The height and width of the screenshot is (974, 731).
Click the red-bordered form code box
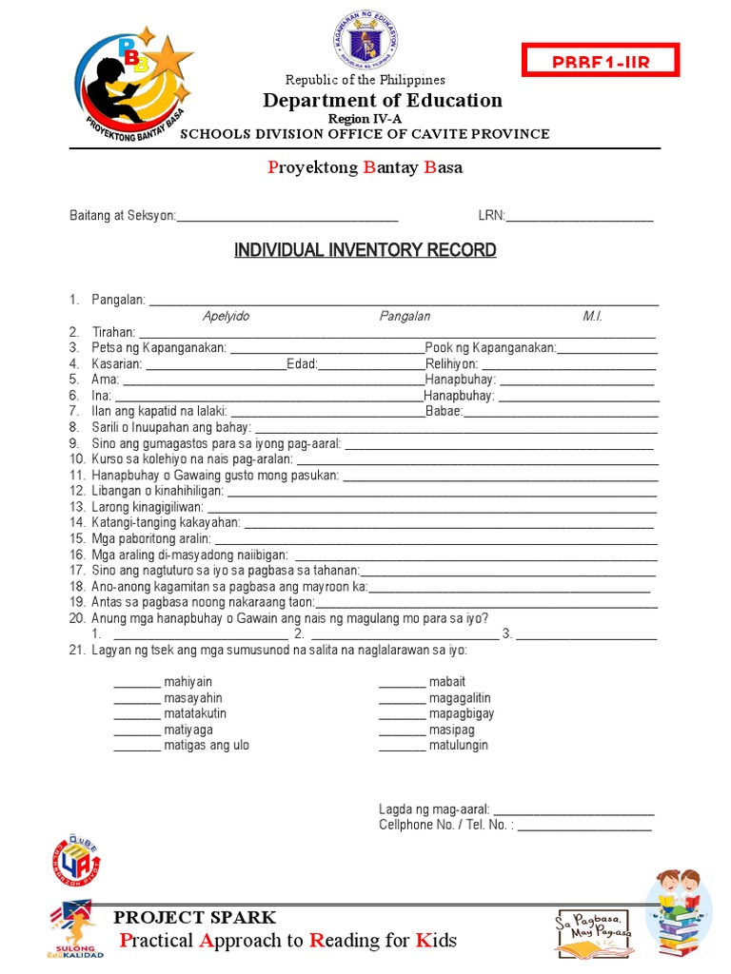pos(600,61)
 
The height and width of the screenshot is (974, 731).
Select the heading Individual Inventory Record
pos(365,250)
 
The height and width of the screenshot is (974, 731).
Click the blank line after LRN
pos(580,217)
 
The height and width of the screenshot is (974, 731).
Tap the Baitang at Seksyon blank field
pos(287,217)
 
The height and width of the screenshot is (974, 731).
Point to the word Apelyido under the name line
pos(226,317)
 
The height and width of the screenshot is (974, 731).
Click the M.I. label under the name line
pos(593,317)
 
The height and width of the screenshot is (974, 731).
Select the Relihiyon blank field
pos(568,364)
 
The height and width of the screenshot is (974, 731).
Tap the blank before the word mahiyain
pos(137,683)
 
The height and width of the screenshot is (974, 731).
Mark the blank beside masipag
pos(402,730)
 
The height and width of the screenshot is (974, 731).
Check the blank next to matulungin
pos(402,746)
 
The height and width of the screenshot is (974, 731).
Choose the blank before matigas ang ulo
pos(137,746)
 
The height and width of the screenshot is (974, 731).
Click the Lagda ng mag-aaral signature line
pos(573,810)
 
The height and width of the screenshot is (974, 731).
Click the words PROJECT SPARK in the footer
pos(195,918)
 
